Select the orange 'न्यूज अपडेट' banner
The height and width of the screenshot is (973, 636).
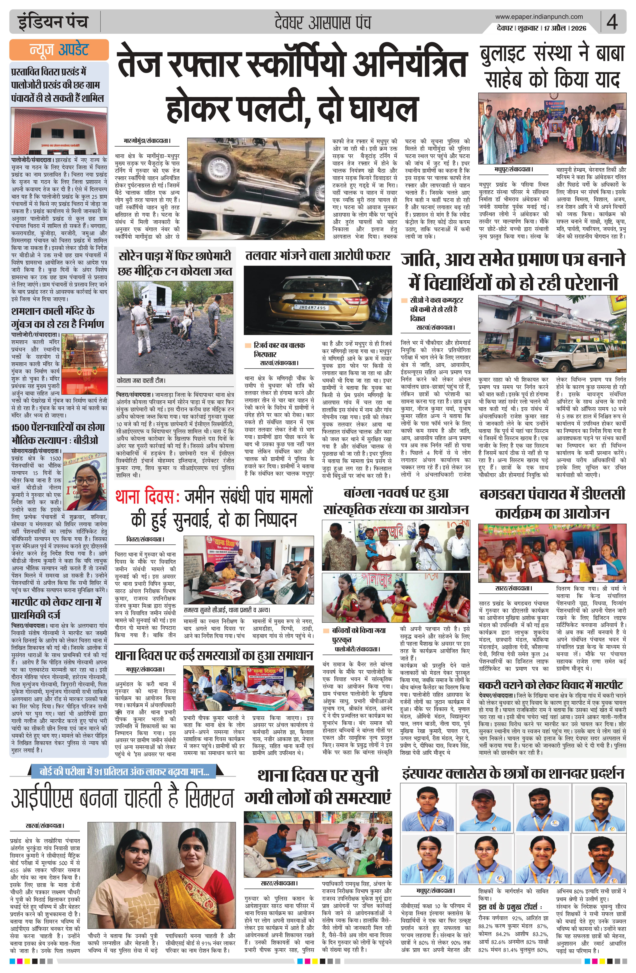tap(59, 50)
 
